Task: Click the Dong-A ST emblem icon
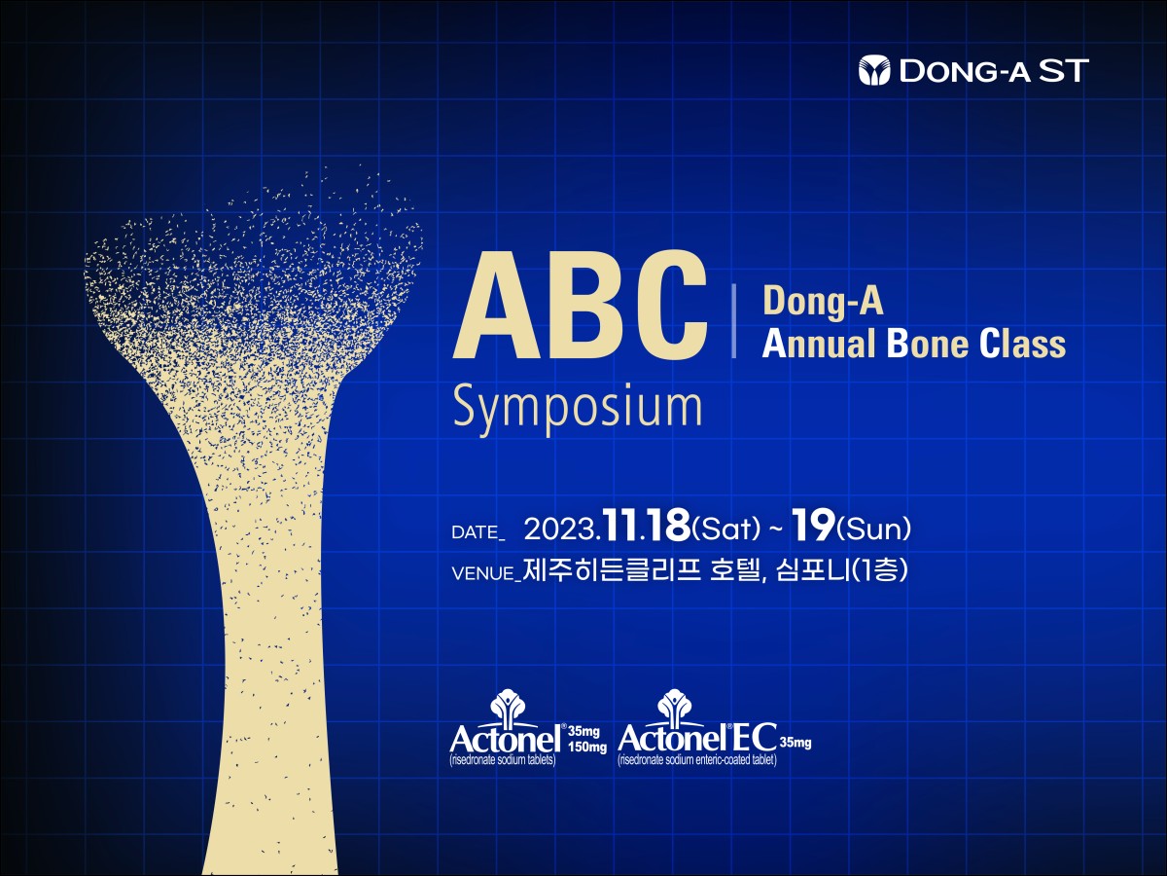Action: (x=874, y=70)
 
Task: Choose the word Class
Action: (x=1022, y=344)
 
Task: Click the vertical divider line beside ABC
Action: (x=734, y=321)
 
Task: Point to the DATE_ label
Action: (x=478, y=532)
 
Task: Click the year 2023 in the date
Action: (x=559, y=529)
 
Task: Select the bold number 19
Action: (x=811, y=526)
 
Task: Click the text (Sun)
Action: (x=873, y=529)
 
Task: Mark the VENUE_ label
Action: (x=486, y=574)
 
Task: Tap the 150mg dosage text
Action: (x=587, y=748)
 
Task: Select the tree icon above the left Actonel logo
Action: (x=508, y=708)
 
